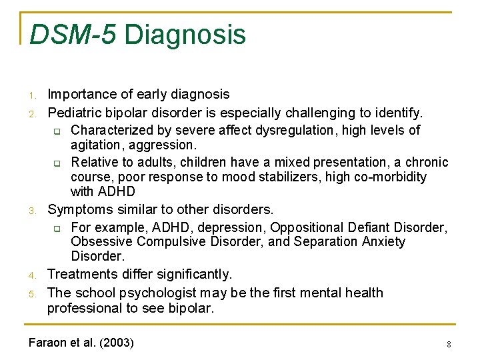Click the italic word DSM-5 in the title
(71, 34)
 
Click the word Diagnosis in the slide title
(185, 35)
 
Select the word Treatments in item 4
(80, 274)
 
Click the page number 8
(449, 345)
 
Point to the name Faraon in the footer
(48, 343)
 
